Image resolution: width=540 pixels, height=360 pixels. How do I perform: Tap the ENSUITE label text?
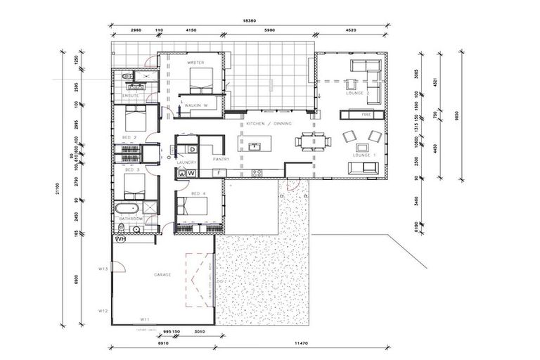click(x=131, y=95)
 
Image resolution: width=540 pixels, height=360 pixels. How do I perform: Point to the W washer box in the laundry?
click(x=191, y=172)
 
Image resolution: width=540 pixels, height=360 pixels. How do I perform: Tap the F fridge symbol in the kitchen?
click(x=219, y=172)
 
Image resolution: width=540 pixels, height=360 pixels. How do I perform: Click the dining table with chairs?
click(x=311, y=142)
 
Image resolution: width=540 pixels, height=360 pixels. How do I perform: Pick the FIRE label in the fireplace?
click(x=366, y=113)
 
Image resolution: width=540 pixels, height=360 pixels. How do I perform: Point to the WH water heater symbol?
click(x=120, y=239)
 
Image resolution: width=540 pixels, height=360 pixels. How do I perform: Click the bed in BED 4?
click(x=193, y=207)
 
